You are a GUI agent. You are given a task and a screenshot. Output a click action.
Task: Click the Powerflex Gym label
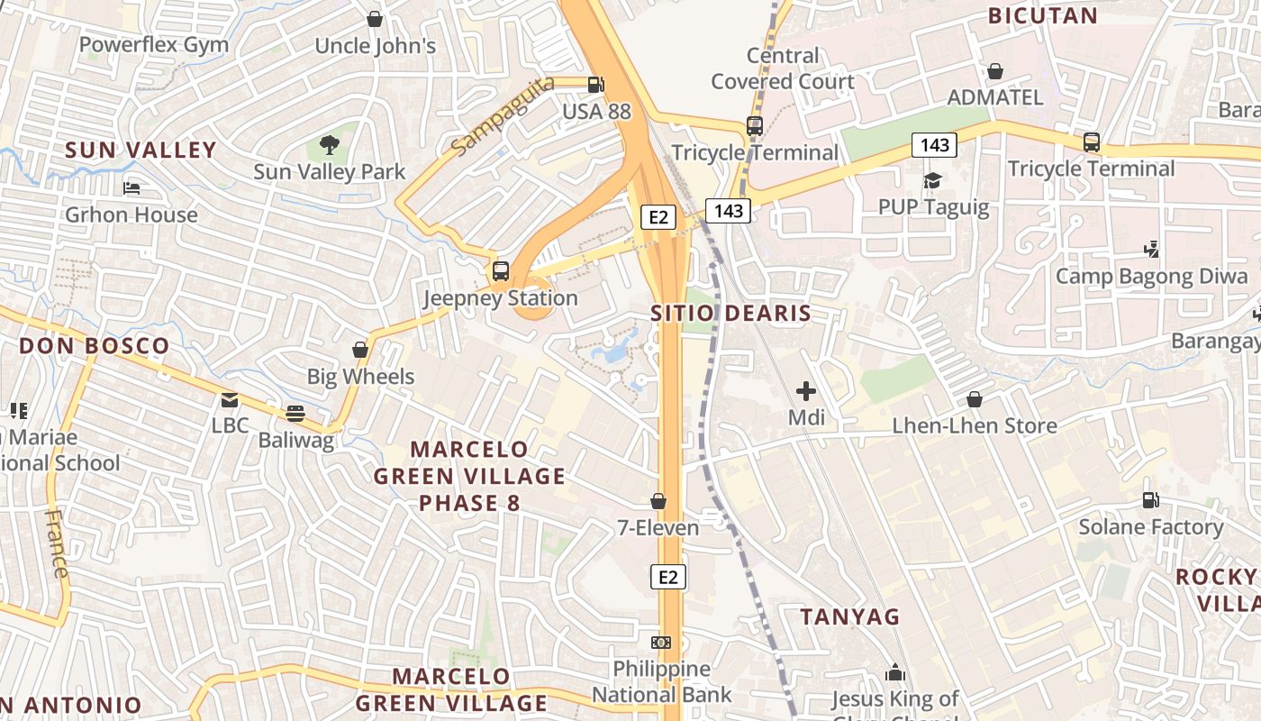tap(153, 44)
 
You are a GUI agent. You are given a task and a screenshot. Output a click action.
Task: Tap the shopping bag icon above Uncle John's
tap(375, 19)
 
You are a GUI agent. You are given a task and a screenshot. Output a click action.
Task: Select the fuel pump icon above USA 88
tap(595, 85)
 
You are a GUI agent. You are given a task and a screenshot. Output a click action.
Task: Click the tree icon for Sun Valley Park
tap(330, 144)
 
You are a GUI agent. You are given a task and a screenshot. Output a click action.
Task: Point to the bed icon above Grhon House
tap(132, 187)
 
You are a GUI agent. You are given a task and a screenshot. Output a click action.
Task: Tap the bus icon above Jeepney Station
tap(501, 270)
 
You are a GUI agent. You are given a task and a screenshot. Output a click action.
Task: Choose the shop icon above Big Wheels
tap(360, 350)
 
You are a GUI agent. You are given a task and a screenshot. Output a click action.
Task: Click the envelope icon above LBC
tap(230, 399)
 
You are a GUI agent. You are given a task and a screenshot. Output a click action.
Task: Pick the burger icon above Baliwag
tap(295, 414)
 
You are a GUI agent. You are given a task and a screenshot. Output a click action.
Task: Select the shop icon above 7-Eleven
tap(658, 501)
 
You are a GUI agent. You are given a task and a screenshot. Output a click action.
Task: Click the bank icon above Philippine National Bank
tap(662, 643)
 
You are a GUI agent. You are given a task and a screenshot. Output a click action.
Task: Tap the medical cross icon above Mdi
tap(806, 391)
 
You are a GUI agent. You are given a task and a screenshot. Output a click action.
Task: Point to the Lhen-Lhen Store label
tap(975, 425)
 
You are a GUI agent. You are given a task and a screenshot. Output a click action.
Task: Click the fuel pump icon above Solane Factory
tap(1151, 499)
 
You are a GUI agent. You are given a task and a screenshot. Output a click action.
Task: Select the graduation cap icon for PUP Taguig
tap(932, 181)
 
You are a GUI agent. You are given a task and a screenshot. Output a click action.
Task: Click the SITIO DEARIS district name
tap(730, 314)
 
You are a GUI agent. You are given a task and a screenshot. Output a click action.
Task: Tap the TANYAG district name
tap(850, 616)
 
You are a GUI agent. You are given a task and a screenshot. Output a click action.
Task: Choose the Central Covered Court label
tap(783, 68)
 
